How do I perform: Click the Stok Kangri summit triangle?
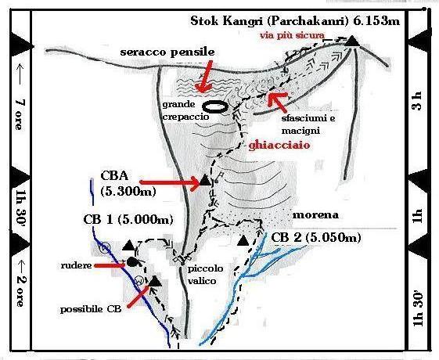point(352,41)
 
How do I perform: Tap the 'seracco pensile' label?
point(167,52)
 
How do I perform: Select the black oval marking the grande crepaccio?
point(214,107)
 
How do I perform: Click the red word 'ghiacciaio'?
point(279,145)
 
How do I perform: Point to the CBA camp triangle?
point(205,180)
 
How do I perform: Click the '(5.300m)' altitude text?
point(128,192)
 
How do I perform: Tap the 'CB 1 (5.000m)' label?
point(128,219)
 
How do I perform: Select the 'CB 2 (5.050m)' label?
point(316,238)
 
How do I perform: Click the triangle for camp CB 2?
point(243,240)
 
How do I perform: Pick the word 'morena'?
point(315,215)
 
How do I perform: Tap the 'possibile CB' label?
point(91,309)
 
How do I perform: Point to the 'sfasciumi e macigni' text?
point(308,124)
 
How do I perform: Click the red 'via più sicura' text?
point(293,35)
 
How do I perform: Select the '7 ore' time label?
point(19,114)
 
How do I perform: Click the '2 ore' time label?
point(20,291)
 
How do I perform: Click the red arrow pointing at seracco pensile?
point(203,77)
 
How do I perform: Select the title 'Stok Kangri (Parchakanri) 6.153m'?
point(295,20)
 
